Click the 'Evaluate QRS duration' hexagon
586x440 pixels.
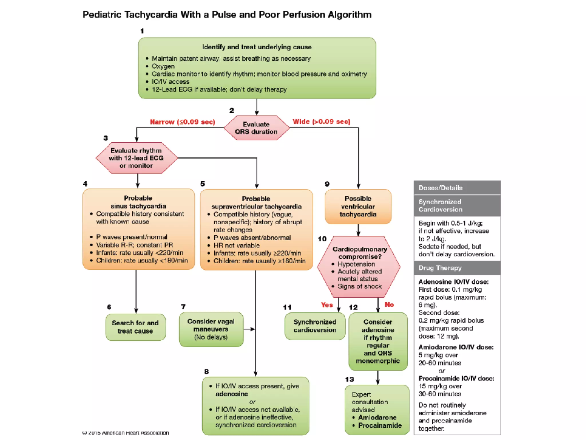click(x=256, y=128)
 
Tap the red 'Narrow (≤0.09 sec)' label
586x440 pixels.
click(x=183, y=122)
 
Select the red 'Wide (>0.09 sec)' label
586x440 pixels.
click(x=321, y=121)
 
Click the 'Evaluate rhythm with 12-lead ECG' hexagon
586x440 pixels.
click(x=136, y=158)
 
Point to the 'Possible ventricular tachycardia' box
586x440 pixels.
click(x=358, y=206)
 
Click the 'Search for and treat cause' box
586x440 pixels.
click(x=135, y=327)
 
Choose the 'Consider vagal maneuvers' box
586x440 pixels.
click(x=211, y=329)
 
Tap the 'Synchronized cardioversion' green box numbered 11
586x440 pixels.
click(x=315, y=326)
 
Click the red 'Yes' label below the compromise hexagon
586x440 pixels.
click(x=327, y=305)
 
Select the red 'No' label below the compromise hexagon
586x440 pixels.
click(x=389, y=305)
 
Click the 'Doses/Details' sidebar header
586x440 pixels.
click(x=440, y=188)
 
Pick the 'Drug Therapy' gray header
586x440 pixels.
click(x=440, y=268)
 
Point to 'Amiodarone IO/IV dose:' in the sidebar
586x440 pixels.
click(x=456, y=347)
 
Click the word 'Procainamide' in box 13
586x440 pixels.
click(x=380, y=425)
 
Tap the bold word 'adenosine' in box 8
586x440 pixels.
click(x=232, y=394)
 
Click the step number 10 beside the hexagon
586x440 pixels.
click(x=322, y=239)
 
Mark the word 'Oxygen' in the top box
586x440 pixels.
click(x=163, y=66)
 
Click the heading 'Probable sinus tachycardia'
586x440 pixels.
click(x=138, y=202)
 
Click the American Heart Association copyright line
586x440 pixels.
click(x=126, y=433)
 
